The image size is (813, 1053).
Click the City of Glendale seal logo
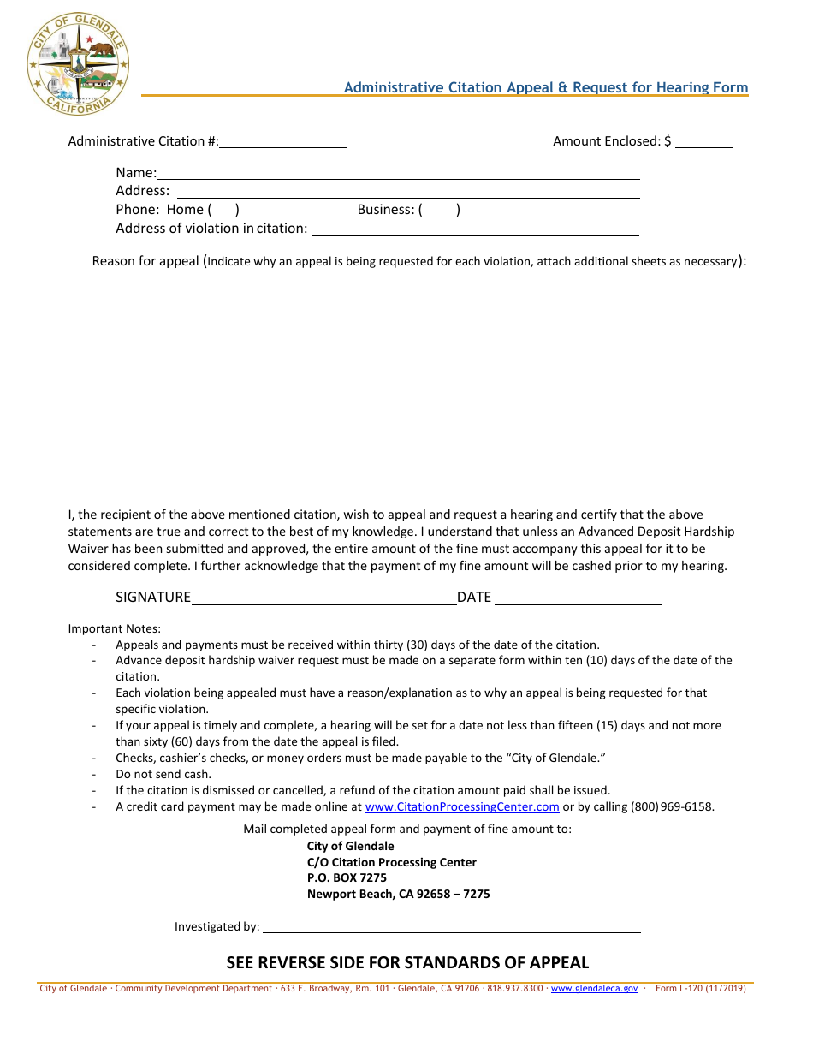coord(77,64)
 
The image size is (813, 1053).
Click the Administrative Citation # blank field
coord(282,142)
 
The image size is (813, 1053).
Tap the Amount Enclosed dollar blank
coord(703,142)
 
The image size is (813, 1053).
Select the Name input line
coord(398,173)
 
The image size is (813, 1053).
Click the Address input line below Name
coord(407,191)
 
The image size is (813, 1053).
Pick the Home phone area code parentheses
coord(224,210)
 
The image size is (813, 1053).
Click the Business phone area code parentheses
coord(440,210)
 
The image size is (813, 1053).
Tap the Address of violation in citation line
coord(475,229)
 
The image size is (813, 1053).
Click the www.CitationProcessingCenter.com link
coord(462,806)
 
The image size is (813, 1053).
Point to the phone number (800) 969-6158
coord(672,806)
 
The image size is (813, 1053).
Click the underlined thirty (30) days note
coord(358,645)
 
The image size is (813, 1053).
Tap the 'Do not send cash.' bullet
coord(163,774)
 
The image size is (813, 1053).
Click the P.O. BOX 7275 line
coord(347,878)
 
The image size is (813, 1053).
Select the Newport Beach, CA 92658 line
coord(398,895)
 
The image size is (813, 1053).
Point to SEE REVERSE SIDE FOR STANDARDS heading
coord(407,962)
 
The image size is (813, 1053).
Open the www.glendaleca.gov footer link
coord(594,989)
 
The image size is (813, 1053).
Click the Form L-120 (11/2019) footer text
coord(700,989)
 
